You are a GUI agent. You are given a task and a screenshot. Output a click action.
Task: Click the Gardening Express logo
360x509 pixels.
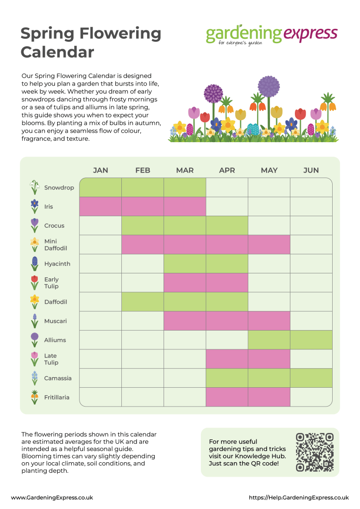coord(271,35)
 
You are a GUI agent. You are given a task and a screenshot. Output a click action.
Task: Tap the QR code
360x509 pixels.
coord(314,452)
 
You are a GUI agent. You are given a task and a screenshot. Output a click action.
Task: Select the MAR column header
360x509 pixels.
coord(184,170)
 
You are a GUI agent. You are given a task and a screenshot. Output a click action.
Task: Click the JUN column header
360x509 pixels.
coord(311,170)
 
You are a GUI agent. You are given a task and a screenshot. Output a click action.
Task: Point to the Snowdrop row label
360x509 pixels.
coord(59,188)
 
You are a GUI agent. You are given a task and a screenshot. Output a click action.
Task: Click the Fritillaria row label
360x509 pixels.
coord(57,397)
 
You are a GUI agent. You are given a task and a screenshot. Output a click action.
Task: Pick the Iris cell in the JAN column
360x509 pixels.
coord(100,206)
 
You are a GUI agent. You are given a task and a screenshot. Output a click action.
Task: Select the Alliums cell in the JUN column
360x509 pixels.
coord(311,340)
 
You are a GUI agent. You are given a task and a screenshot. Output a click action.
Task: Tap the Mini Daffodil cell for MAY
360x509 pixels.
coord(269,245)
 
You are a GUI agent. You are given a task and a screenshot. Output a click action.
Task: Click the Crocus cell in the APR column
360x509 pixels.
coord(227,225)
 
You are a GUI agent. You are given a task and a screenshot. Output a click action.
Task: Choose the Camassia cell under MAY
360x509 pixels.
coord(269,378)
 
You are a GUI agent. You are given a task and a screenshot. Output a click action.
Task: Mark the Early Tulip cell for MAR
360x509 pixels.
coord(184,282)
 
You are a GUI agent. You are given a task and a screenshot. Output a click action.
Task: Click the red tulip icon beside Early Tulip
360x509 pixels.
coord(34,283)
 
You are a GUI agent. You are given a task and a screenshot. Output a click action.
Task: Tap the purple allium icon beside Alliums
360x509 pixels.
coord(34,340)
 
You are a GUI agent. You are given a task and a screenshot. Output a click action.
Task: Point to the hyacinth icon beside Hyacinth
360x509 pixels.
coord(34,263)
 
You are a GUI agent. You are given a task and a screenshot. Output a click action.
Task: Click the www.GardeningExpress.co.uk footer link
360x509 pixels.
coord(52,497)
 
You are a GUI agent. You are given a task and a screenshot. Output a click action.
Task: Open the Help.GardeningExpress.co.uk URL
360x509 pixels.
coord(298,497)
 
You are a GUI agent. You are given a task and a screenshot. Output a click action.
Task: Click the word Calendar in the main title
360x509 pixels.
coord(57,51)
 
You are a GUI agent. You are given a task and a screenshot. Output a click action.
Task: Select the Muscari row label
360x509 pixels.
coord(55,321)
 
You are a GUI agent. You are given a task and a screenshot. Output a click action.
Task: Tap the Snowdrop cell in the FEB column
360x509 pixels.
coord(143,187)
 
